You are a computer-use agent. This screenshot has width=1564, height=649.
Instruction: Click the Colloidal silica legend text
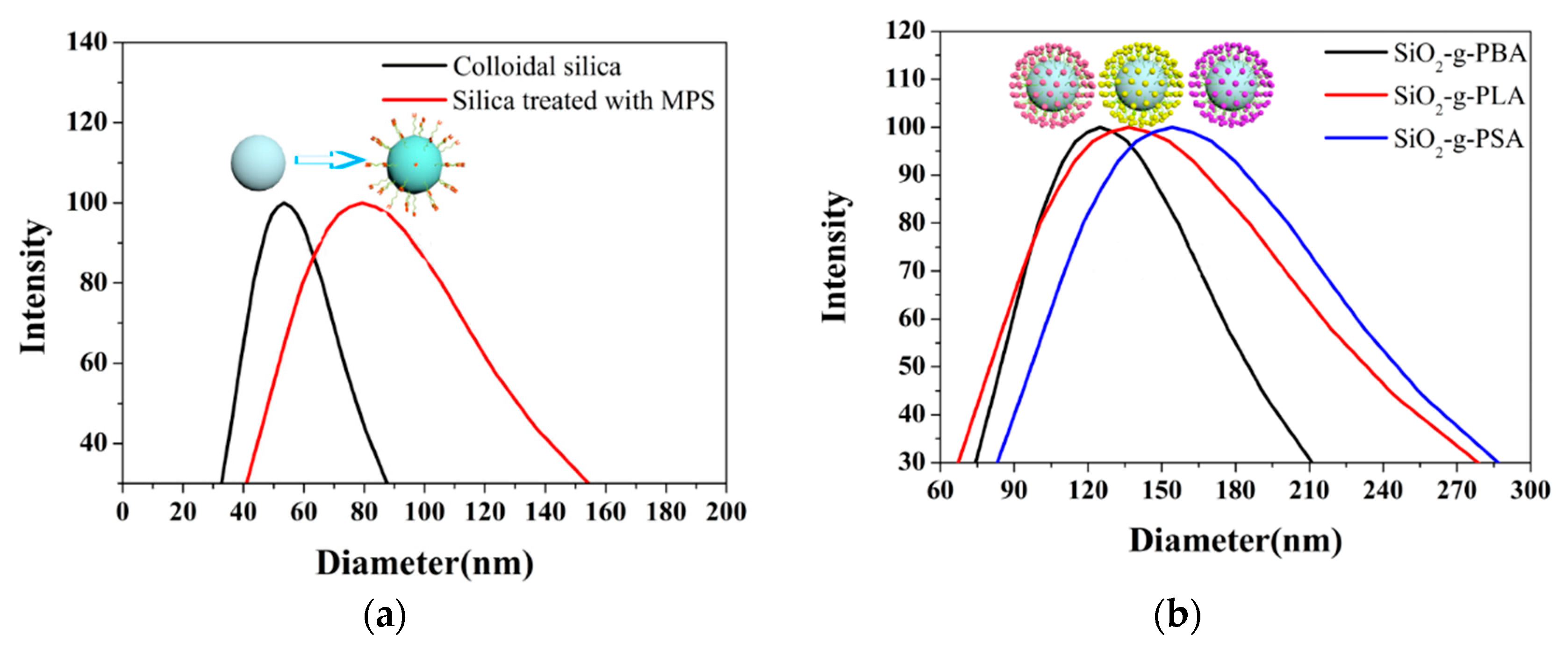537,66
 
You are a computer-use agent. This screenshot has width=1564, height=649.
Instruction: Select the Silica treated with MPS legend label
583,100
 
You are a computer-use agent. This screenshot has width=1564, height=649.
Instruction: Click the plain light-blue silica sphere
258,163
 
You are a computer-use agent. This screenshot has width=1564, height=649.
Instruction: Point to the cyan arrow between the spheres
329,160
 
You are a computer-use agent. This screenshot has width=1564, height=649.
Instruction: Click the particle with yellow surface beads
1141,85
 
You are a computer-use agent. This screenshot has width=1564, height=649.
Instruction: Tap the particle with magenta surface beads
1231,85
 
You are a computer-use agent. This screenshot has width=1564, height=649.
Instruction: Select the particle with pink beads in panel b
1052,86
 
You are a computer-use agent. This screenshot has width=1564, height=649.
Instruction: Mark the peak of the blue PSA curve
1172,127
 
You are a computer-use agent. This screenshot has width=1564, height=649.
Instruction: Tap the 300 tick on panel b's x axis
1530,489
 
